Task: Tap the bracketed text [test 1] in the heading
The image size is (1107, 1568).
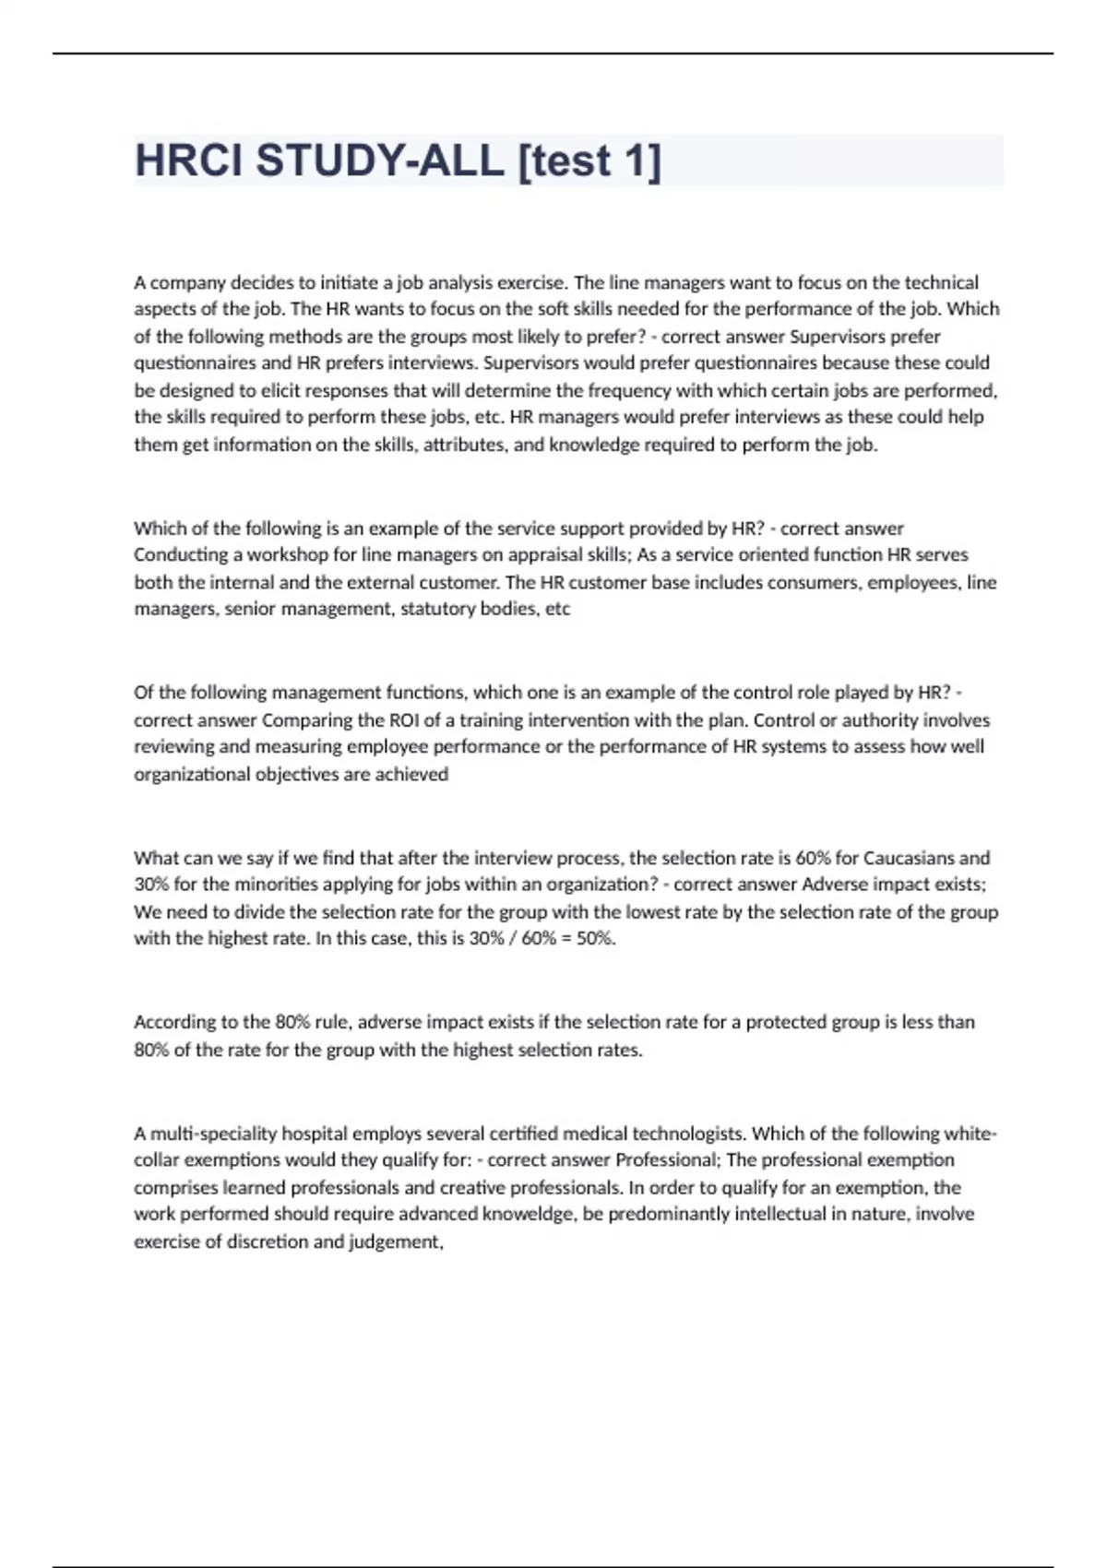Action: [589, 160]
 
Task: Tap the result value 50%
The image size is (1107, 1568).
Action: [595, 939]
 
